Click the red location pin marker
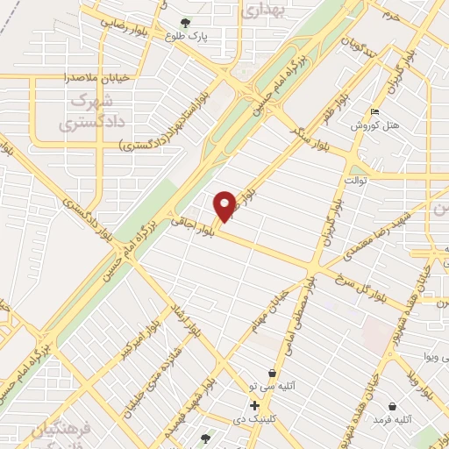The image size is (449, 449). (x=225, y=205)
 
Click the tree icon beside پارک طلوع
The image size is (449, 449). (x=184, y=23)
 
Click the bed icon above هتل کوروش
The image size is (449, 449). (x=375, y=112)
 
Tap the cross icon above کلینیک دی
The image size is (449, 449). (x=254, y=406)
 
